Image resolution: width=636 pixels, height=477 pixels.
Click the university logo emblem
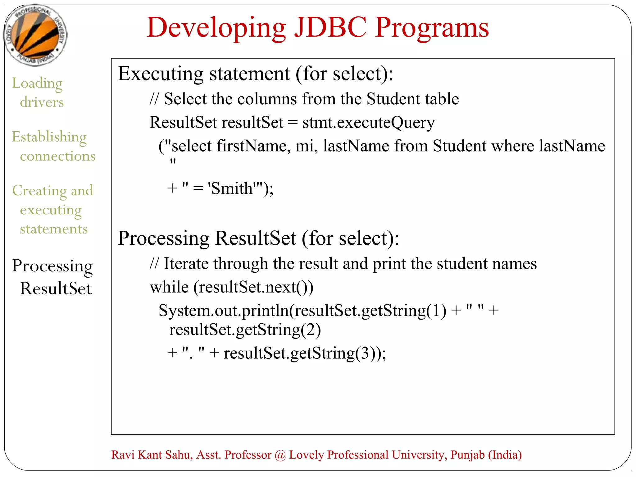point(35,35)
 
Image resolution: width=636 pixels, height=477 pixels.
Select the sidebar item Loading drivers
point(38,92)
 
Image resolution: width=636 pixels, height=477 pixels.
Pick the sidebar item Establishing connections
point(53,146)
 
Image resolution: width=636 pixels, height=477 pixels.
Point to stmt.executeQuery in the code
point(368,122)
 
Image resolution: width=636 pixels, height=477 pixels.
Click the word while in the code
point(169,287)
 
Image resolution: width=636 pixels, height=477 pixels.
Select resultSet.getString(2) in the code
point(245,330)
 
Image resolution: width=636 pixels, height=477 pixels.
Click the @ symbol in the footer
point(280,455)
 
